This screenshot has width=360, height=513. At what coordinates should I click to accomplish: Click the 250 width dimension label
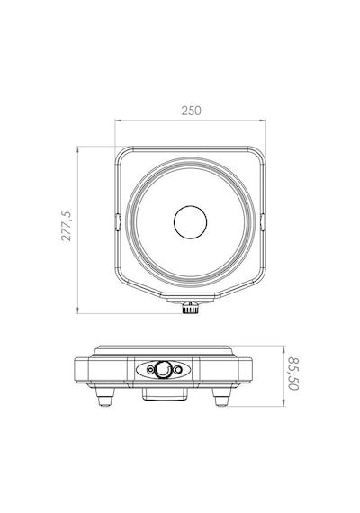[191, 111]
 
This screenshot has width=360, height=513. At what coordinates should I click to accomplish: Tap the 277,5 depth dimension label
[66, 226]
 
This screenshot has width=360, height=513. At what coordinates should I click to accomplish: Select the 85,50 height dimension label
[292, 373]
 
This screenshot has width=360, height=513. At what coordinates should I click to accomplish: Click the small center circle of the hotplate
[190, 222]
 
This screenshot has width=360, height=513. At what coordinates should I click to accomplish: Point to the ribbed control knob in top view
[191, 308]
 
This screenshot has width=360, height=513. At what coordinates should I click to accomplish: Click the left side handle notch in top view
[118, 222]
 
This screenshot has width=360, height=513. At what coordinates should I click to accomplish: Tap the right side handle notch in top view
[263, 222]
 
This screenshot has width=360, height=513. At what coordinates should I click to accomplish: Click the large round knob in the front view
[163, 369]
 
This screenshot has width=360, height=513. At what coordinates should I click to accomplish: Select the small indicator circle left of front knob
[150, 370]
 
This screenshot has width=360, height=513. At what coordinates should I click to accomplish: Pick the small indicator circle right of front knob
[177, 370]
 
